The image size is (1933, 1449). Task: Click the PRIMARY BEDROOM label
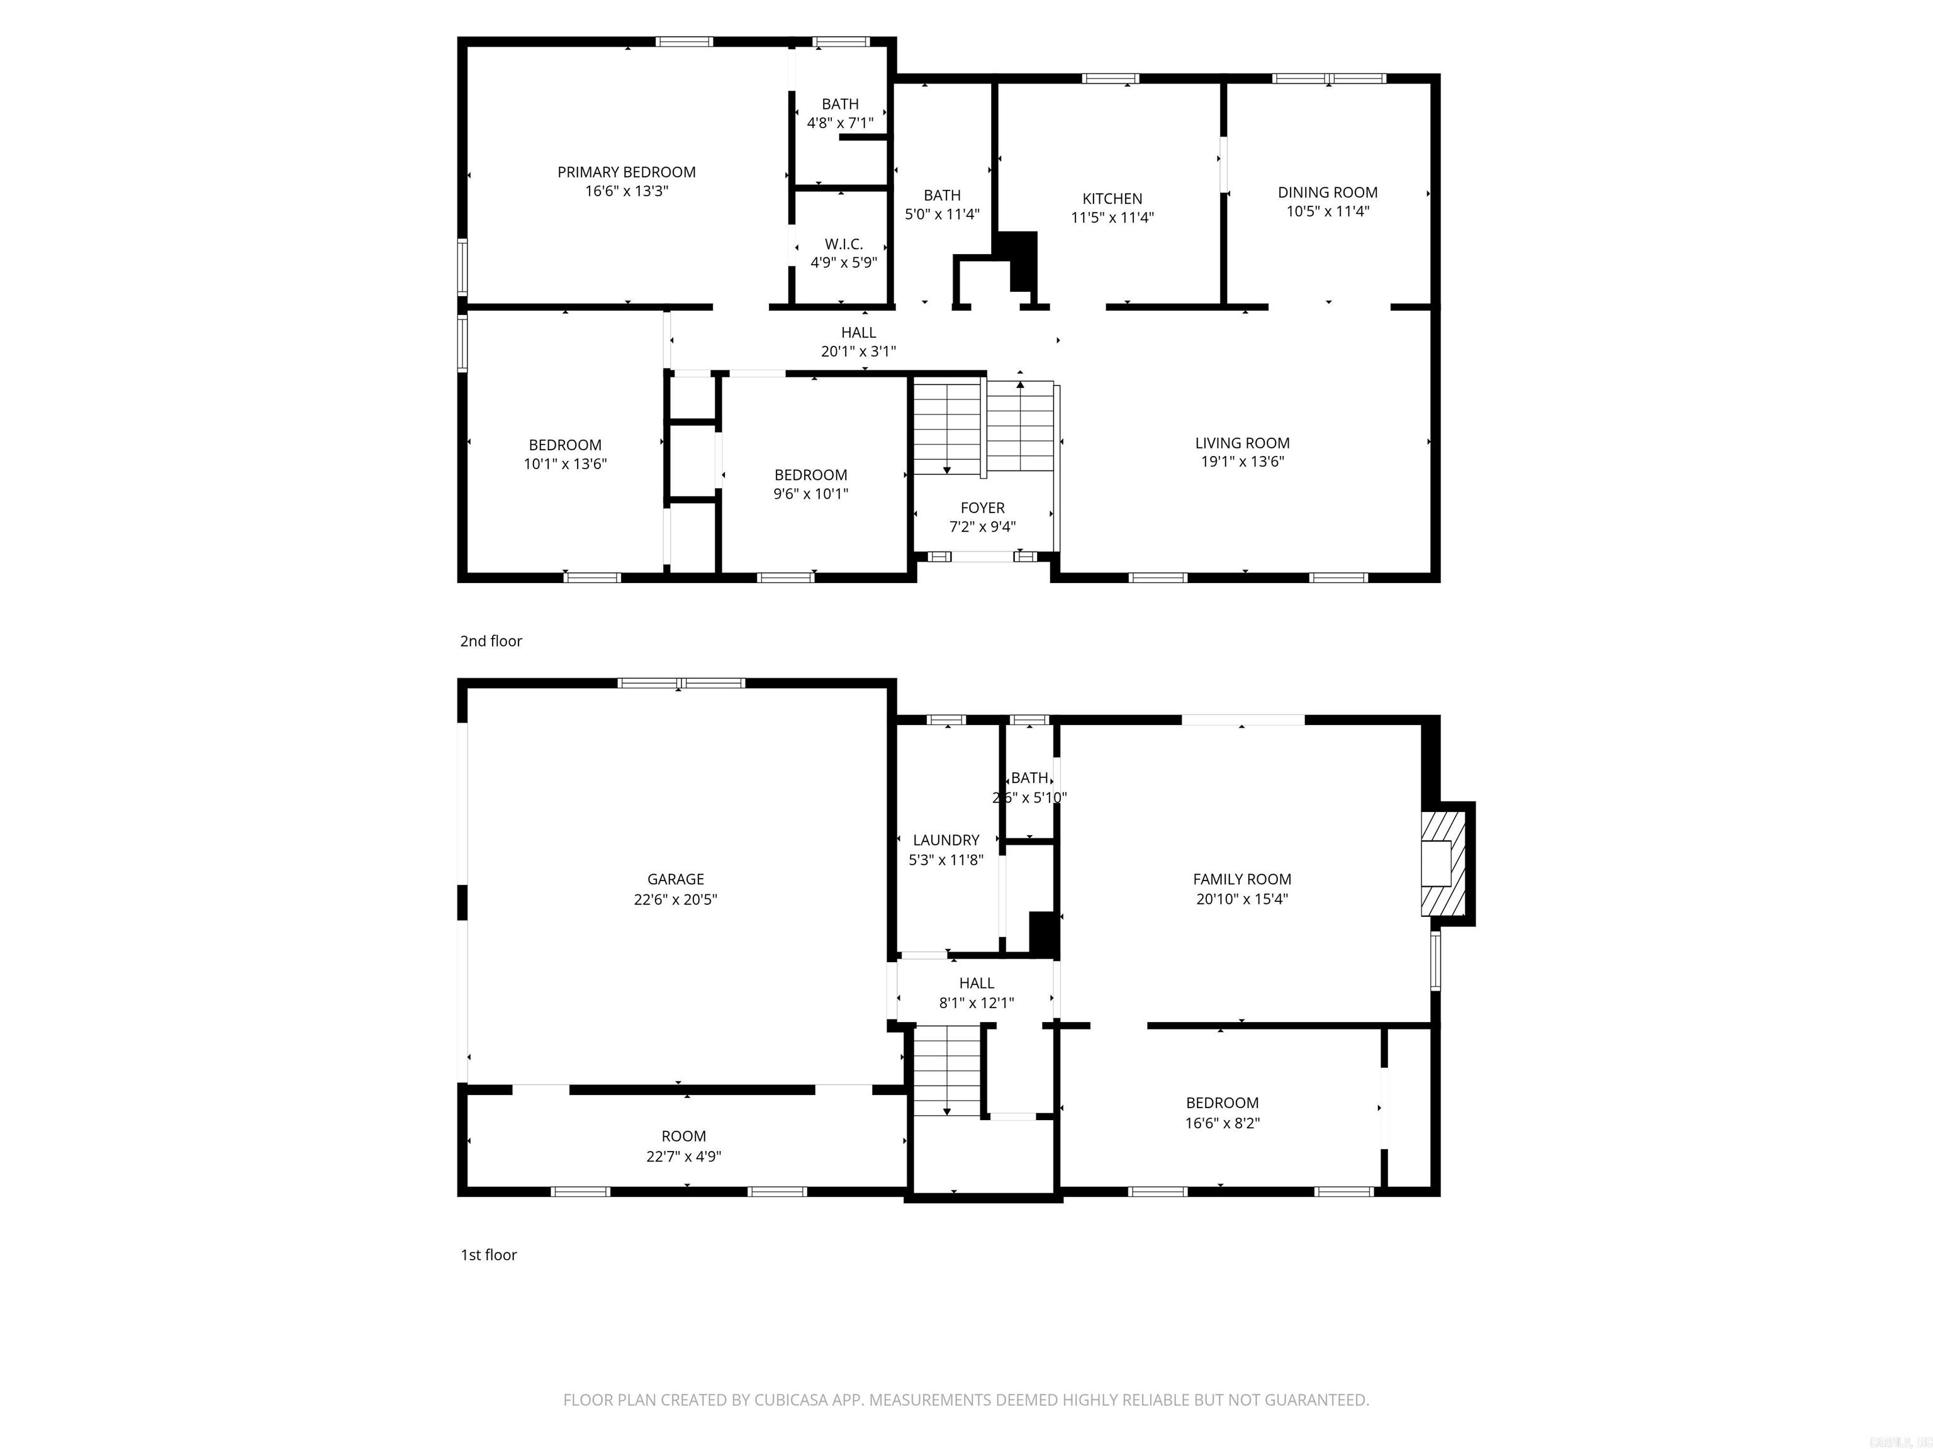pos(627,172)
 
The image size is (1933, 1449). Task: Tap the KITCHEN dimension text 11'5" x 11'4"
pos(1112,218)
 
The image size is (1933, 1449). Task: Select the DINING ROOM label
pos(1328,192)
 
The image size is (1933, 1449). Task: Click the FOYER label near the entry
pos(982,508)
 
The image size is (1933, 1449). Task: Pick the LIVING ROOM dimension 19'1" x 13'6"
pos(1241,462)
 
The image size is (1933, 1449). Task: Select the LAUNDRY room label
pos(946,840)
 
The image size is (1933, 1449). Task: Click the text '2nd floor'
pos(491,641)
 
